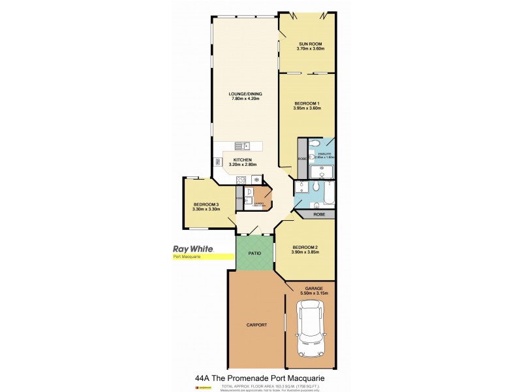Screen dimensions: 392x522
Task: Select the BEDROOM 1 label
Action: [x=307, y=104]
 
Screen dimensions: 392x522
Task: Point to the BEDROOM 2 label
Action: [x=305, y=246]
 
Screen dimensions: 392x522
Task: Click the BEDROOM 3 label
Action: [x=206, y=205]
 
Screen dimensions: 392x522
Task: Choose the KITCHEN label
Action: [x=243, y=160]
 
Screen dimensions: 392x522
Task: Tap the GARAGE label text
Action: [x=315, y=288]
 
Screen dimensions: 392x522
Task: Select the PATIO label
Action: [x=254, y=254]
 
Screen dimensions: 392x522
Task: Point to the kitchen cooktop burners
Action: [x=240, y=180]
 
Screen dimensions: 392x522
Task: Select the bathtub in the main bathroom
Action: [x=328, y=193]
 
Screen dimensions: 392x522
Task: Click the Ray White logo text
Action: [x=194, y=248]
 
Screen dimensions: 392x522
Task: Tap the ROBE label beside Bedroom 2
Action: [x=319, y=214]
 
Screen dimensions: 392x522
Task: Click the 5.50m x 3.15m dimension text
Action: [x=315, y=293]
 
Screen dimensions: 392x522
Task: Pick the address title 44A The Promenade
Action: [x=260, y=378]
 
